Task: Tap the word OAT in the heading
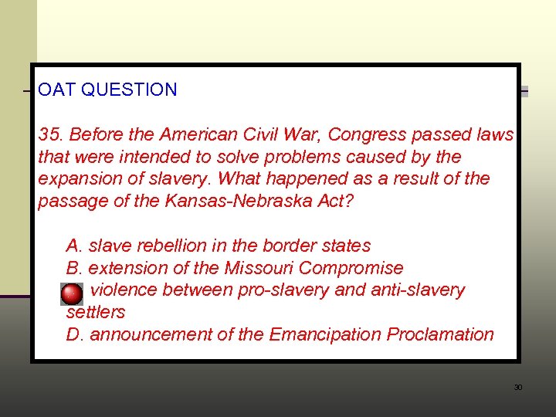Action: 57,90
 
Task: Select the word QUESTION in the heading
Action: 129,90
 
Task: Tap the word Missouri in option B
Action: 259,269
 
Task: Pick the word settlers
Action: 96,313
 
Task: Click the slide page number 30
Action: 518,387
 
